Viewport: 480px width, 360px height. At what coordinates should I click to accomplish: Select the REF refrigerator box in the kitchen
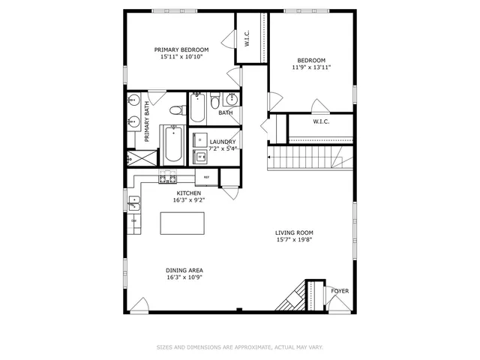pos(206,178)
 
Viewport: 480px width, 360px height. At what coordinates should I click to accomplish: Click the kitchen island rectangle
pos(184,223)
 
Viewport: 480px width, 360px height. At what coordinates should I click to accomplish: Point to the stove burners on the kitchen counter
pos(166,178)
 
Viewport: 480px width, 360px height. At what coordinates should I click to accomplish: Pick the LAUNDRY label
pos(223,142)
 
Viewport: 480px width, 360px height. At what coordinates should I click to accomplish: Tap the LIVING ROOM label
pos(293,232)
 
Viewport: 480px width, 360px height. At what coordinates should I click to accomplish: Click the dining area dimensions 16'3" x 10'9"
pos(184,277)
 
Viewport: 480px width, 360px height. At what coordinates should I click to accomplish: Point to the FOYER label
pos(340,291)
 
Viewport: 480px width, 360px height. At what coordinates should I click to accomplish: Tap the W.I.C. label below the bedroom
pos(321,121)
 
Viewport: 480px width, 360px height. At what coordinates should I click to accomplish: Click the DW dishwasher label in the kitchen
pos(134,220)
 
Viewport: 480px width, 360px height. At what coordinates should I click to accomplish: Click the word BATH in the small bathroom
pos(226,113)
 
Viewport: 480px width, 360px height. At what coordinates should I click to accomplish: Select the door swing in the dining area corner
pos(139,305)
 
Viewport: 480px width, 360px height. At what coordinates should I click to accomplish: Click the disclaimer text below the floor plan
pos(239,347)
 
